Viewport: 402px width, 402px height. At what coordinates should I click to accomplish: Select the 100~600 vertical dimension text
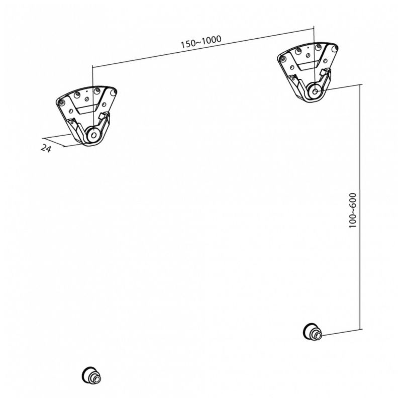pyautogui.click(x=353, y=210)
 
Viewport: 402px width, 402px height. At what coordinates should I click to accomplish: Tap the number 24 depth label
pyautogui.click(x=46, y=148)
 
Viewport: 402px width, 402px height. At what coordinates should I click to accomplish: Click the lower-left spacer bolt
pyautogui.click(x=91, y=375)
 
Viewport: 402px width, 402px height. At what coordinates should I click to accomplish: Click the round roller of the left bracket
pyautogui.click(x=93, y=135)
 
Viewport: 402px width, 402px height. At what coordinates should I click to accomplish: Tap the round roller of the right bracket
pyautogui.click(x=315, y=91)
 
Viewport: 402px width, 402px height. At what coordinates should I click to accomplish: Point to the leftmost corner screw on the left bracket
pyautogui.click(x=61, y=103)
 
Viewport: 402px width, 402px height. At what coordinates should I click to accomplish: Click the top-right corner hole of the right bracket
pyautogui.click(x=334, y=49)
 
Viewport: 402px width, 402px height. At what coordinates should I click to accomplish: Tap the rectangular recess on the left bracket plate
pyautogui.click(x=87, y=110)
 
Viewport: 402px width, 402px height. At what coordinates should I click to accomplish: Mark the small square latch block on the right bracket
pyautogui.click(x=326, y=72)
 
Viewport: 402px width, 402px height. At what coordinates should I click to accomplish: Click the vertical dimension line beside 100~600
pyautogui.click(x=360, y=207)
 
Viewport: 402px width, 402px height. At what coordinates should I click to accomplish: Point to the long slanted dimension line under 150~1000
pyautogui.click(x=203, y=48)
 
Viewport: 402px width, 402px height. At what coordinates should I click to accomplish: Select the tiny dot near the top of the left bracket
pyautogui.click(x=86, y=91)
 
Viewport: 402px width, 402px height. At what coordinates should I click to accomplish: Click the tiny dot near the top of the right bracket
pyautogui.click(x=308, y=47)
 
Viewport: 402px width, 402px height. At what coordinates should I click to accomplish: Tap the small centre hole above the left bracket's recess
pyautogui.click(x=86, y=99)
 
